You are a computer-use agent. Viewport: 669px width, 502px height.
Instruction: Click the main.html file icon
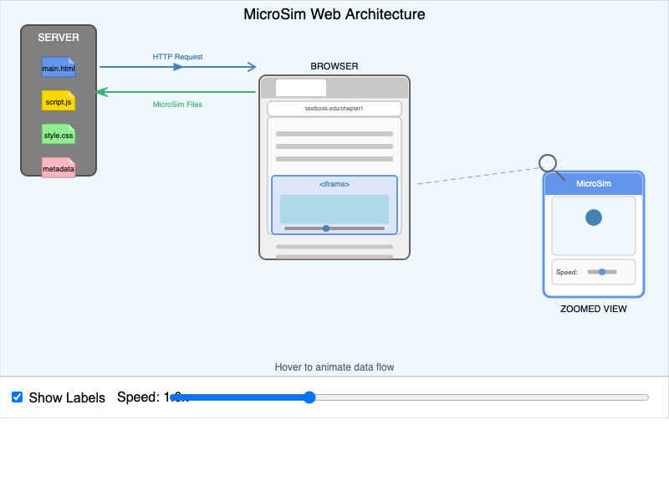coord(59,68)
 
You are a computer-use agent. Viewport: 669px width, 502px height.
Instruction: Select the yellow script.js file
coord(59,101)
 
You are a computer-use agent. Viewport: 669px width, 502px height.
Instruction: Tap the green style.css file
coord(59,135)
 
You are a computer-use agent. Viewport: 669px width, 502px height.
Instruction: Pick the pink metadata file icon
coord(59,168)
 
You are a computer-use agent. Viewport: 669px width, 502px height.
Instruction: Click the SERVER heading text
coord(59,38)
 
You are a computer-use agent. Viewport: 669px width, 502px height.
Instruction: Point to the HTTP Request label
coord(177,57)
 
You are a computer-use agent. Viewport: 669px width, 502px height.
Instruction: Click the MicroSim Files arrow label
coord(177,105)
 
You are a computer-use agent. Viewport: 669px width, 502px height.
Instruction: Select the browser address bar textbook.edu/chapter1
coord(334,109)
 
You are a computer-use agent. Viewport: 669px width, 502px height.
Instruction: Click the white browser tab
coord(301,88)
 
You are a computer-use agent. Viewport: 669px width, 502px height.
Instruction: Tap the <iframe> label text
coord(334,184)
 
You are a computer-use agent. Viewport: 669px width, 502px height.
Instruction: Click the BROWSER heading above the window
coord(334,66)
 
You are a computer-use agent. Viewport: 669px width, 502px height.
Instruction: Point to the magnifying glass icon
coord(548,163)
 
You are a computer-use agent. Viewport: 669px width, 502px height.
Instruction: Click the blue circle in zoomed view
coord(594,218)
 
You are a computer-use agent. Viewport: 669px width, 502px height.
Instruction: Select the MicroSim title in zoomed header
coord(594,184)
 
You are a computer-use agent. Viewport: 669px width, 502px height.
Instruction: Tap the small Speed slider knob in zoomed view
coord(602,272)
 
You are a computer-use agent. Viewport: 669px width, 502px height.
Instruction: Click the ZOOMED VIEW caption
coord(594,309)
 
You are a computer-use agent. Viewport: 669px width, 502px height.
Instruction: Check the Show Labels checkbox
coord(17,397)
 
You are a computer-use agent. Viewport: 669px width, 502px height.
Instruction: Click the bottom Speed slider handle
coord(309,397)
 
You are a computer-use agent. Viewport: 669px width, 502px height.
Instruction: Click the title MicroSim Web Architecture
coord(334,14)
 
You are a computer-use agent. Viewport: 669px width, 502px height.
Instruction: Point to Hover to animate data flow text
coord(334,367)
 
